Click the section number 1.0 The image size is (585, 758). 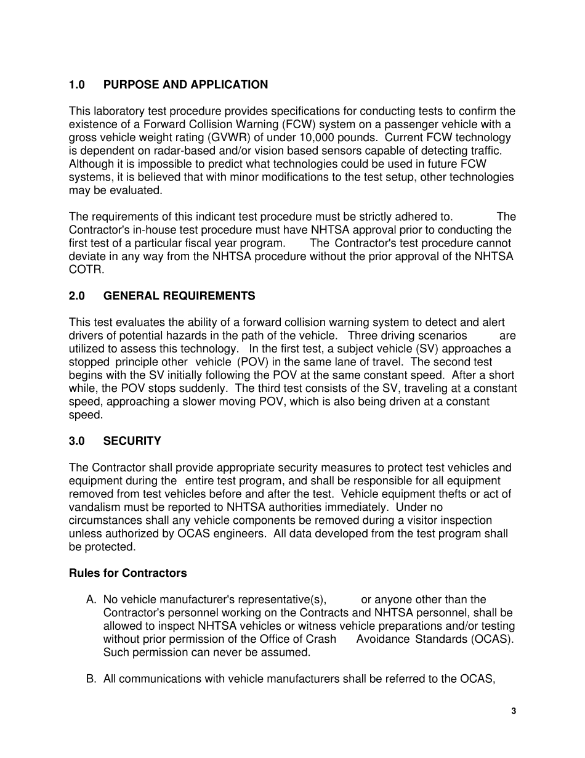[x=76, y=85]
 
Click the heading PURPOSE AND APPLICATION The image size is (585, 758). [x=185, y=85]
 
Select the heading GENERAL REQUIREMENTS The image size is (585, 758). [x=179, y=296]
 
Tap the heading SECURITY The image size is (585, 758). [x=132, y=441]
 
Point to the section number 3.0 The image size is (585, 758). [x=76, y=441]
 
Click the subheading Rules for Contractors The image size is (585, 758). [x=127, y=573]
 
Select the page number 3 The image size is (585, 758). [x=514, y=711]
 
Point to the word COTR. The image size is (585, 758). [x=86, y=270]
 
